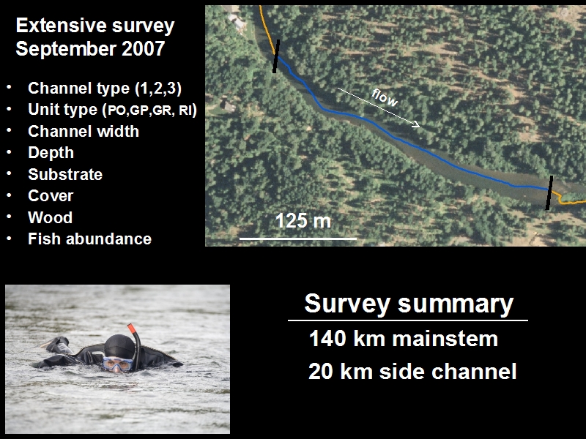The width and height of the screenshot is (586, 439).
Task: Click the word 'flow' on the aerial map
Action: point(385,98)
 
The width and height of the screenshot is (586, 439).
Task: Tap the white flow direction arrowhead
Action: point(416,124)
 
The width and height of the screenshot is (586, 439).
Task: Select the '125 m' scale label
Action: point(303,221)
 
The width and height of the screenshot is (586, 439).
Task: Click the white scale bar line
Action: point(298,239)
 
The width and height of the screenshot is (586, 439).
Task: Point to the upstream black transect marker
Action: point(276,56)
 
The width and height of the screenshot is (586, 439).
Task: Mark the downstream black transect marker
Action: point(549,192)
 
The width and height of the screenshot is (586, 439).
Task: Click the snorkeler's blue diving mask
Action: point(118,364)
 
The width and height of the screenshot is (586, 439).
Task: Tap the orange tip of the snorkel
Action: point(131,328)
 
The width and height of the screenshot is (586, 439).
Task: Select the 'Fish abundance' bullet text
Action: point(89,239)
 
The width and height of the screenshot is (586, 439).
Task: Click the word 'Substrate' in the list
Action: point(65,174)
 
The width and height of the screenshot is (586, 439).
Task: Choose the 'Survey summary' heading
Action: point(409,303)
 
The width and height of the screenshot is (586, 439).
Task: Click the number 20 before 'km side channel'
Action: point(320,372)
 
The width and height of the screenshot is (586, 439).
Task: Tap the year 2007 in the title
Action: point(143,49)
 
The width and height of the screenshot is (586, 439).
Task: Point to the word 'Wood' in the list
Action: point(50,217)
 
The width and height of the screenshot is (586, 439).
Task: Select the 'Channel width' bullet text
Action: point(84,132)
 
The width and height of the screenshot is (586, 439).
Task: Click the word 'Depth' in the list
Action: point(51,153)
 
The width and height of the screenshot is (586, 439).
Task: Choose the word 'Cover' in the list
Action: point(51,196)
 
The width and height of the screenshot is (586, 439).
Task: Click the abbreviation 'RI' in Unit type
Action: point(185,110)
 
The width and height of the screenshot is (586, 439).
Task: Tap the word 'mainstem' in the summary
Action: point(445,339)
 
